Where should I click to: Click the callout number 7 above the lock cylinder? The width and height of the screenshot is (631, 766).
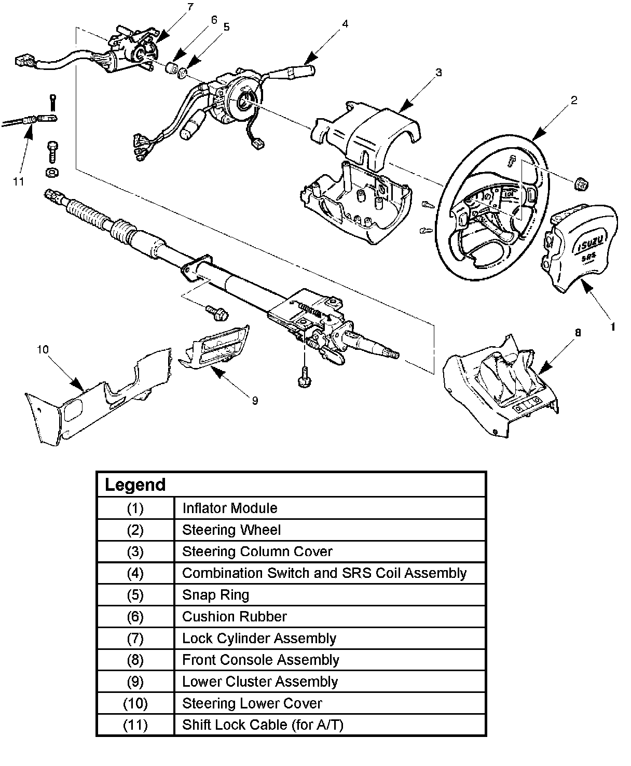(x=191, y=7)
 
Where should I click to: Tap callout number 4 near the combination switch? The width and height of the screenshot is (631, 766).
(x=345, y=24)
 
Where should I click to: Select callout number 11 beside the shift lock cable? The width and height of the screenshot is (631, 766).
(x=19, y=181)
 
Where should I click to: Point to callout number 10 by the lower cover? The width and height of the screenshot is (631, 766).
(x=43, y=349)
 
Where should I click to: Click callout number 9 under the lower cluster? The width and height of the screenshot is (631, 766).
(x=255, y=401)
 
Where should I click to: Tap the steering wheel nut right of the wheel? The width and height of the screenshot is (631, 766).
(x=581, y=185)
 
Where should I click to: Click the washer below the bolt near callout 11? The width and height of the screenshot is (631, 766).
(x=52, y=172)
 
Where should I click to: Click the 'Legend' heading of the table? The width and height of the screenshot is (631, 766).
(x=135, y=485)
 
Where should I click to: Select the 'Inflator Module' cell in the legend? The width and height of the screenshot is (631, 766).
(x=230, y=508)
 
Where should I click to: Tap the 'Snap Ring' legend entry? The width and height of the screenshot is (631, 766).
(x=216, y=595)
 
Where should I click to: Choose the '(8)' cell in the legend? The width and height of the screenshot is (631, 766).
(x=135, y=660)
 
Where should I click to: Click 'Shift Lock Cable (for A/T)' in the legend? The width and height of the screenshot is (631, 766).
(x=263, y=725)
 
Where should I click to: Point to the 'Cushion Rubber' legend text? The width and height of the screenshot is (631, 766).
(x=235, y=617)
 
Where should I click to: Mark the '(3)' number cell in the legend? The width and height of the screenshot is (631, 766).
(x=135, y=552)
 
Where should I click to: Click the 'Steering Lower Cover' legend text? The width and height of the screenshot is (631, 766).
(x=252, y=703)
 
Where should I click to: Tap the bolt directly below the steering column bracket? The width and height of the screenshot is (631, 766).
(x=305, y=378)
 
